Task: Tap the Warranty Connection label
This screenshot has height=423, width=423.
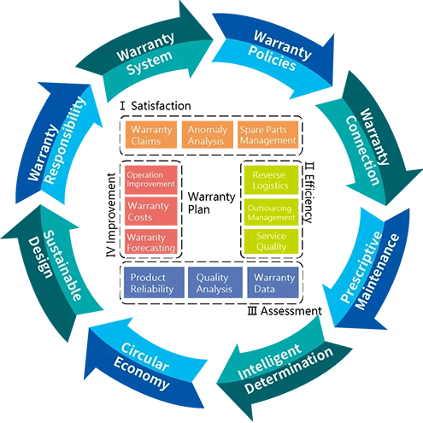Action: click(x=362, y=146)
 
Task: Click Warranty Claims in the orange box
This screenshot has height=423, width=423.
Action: click(x=151, y=135)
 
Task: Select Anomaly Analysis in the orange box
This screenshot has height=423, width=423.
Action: click(x=207, y=135)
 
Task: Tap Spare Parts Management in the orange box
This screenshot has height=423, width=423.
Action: click(x=267, y=135)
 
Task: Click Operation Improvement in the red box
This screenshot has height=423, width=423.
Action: click(x=150, y=179)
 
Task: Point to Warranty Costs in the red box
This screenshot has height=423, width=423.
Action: click(x=149, y=211)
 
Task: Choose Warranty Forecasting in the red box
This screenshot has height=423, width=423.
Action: click(x=151, y=243)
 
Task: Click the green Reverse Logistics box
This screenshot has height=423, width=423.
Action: click(x=270, y=179)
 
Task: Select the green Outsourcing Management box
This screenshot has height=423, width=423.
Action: click(x=270, y=212)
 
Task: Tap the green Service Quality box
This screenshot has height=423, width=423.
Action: click(x=271, y=242)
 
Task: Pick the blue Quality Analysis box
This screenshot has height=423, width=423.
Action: click(x=212, y=283)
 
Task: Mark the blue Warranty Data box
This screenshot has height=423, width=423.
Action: click(x=273, y=283)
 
